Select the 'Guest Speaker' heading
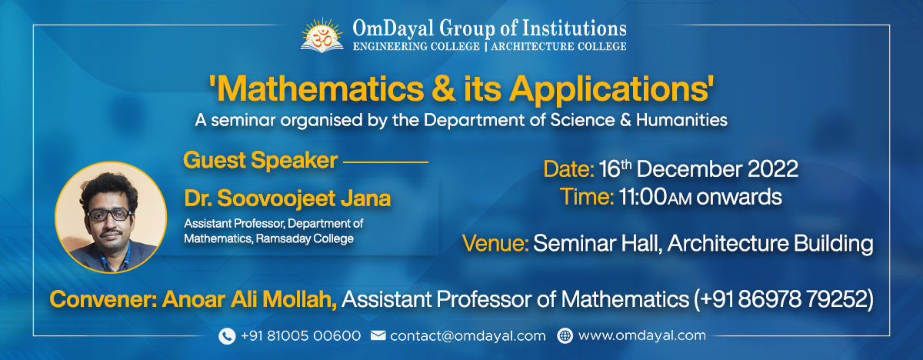[x=260, y=161]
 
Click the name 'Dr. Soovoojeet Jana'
[x=288, y=198]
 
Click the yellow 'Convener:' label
[x=102, y=299]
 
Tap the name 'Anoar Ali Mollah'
[x=249, y=299]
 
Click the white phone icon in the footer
[x=226, y=336]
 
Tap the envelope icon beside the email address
[x=378, y=336]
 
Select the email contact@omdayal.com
[x=468, y=336]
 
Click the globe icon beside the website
[x=565, y=336]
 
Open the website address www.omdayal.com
[x=641, y=336]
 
